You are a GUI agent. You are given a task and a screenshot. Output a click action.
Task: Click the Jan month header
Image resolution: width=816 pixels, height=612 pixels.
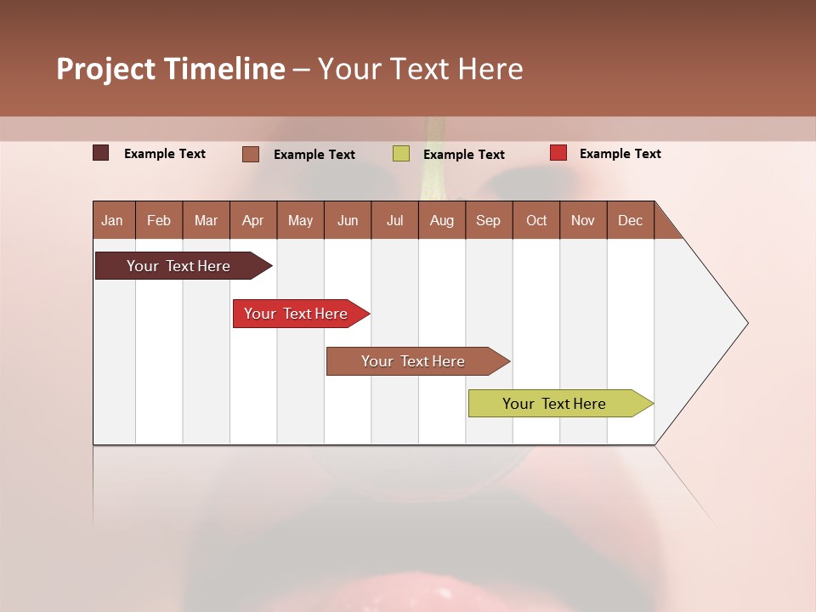click(x=112, y=220)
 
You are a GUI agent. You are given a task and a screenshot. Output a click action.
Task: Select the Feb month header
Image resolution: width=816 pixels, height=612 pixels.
click(x=159, y=220)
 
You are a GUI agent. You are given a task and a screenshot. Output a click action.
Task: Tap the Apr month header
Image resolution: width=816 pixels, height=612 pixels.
click(x=252, y=220)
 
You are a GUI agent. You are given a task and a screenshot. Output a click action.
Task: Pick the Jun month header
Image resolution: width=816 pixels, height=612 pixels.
click(x=348, y=220)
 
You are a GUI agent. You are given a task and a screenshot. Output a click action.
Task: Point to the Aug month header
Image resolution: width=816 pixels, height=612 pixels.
click(x=441, y=220)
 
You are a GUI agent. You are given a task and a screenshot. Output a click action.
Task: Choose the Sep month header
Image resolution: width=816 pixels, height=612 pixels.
click(x=488, y=220)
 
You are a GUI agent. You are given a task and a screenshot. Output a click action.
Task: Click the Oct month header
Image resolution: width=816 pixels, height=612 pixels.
click(x=536, y=220)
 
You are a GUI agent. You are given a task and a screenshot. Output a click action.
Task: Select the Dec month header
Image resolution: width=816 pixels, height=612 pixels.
click(x=630, y=220)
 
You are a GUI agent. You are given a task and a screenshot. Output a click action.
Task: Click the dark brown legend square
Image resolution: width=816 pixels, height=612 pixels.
click(x=101, y=153)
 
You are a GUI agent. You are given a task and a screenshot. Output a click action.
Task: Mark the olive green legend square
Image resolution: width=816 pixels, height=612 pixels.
click(x=401, y=154)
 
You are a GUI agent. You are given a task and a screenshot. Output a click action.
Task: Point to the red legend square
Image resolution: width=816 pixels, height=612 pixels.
click(x=558, y=153)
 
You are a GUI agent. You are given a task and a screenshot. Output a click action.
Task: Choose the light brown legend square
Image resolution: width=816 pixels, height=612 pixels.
click(x=251, y=154)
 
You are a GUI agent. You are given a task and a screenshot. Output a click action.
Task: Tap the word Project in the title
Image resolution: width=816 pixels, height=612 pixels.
click(x=106, y=69)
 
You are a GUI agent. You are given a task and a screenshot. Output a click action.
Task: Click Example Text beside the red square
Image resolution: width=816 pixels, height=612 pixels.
click(x=620, y=154)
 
